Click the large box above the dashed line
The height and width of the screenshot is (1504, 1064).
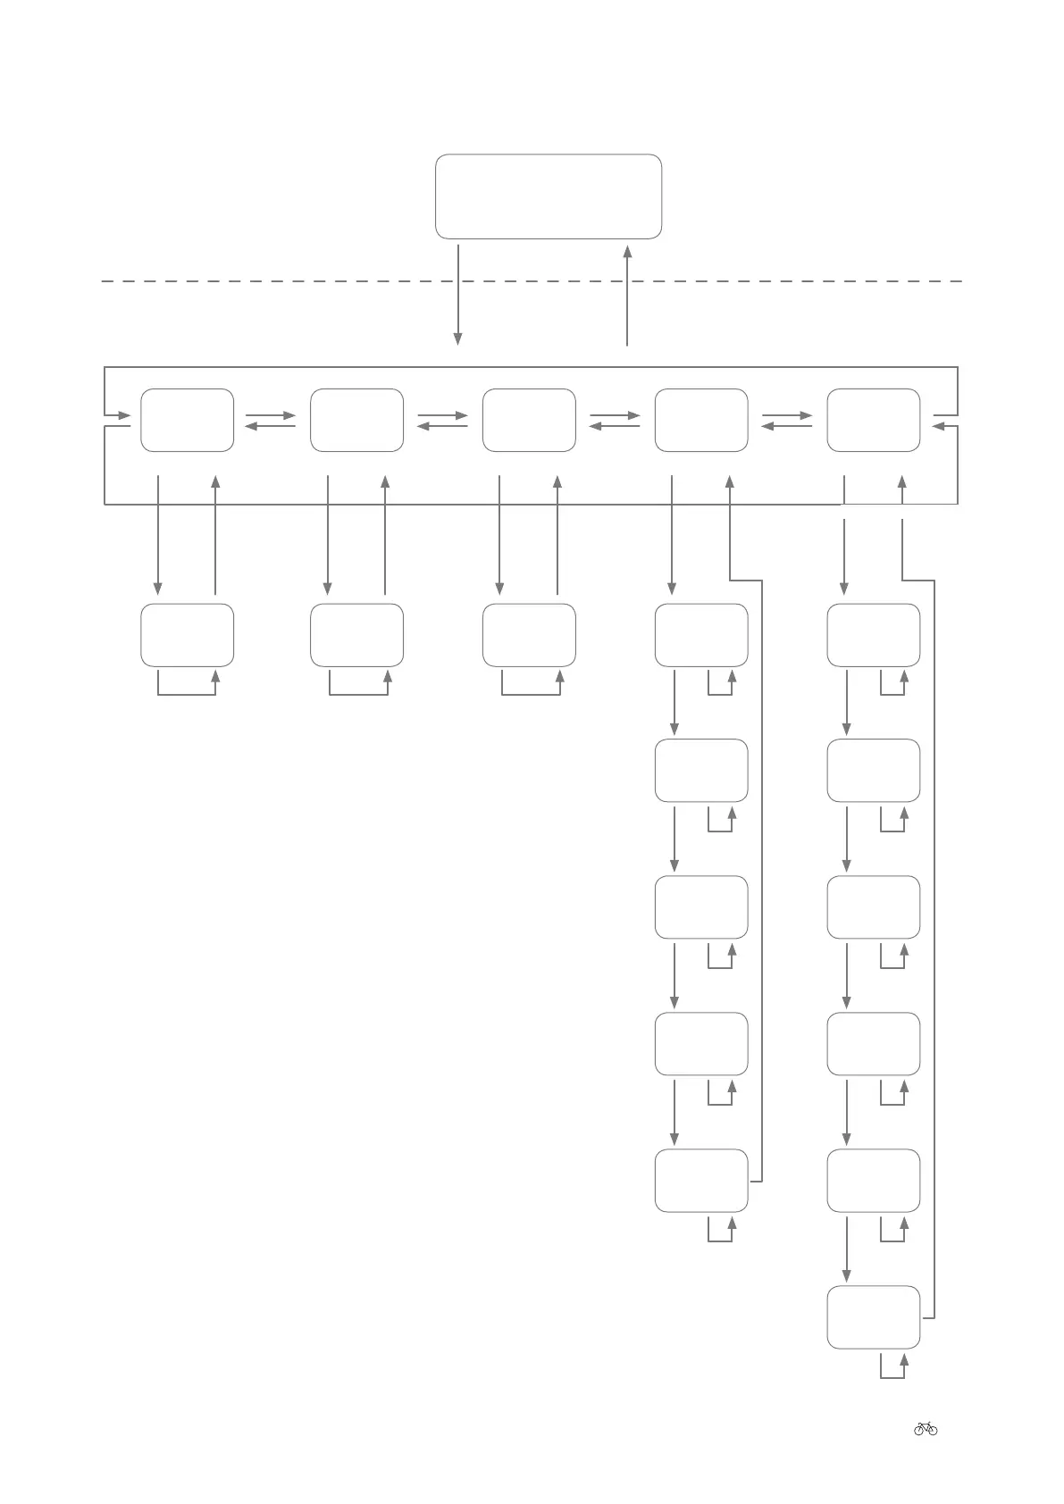(x=548, y=196)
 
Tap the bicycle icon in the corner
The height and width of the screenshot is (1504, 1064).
(x=926, y=1428)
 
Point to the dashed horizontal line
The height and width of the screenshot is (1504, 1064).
(x=268, y=281)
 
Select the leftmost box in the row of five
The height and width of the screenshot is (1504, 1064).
(x=187, y=420)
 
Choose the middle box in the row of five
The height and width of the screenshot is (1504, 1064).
(x=529, y=420)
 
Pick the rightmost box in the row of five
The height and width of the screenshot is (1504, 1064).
(x=873, y=420)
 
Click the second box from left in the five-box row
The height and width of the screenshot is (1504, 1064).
(x=356, y=420)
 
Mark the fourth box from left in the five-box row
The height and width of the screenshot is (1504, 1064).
(x=701, y=420)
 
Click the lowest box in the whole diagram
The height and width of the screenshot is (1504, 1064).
(x=873, y=1316)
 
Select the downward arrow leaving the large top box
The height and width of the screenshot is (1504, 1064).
(x=457, y=295)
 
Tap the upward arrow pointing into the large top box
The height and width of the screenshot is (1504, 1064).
(x=627, y=295)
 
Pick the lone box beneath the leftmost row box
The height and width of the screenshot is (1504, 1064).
(x=187, y=635)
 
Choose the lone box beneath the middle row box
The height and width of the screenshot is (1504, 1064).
(x=529, y=635)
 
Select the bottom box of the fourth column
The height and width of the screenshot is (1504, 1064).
(x=701, y=1180)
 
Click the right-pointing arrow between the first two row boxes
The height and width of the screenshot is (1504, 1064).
(x=270, y=415)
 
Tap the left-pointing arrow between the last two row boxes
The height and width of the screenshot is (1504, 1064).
(x=786, y=427)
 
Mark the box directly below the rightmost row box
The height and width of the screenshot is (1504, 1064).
(x=873, y=635)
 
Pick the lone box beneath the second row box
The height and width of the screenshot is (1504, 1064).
(x=356, y=635)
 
